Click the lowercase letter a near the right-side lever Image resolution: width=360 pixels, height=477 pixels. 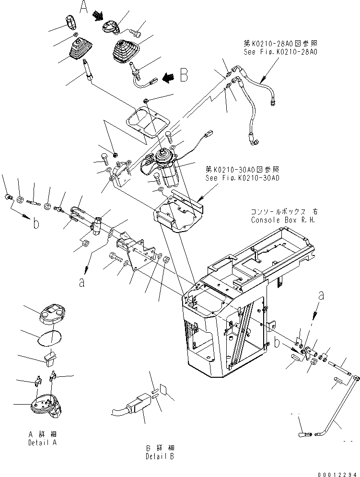[x=321, y=296]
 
